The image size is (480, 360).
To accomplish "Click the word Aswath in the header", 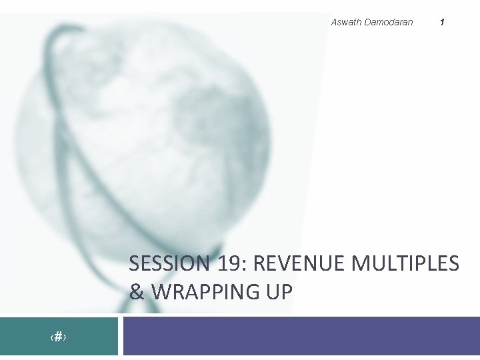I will [x=346, y=22].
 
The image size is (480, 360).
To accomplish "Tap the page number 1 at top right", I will [x=443, y=22].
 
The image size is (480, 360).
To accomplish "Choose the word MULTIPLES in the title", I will [x=405, y=264].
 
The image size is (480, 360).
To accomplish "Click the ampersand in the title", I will [x=137, y=292].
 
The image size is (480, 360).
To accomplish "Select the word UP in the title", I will [x=281, y=292].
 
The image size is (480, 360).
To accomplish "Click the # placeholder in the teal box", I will [x=59, y=337].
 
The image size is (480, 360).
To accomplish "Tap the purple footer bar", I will [x=300, y=336].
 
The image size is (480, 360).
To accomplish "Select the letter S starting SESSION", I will [x=134, y=264].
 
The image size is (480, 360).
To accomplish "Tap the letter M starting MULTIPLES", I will [x=361, y=264].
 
